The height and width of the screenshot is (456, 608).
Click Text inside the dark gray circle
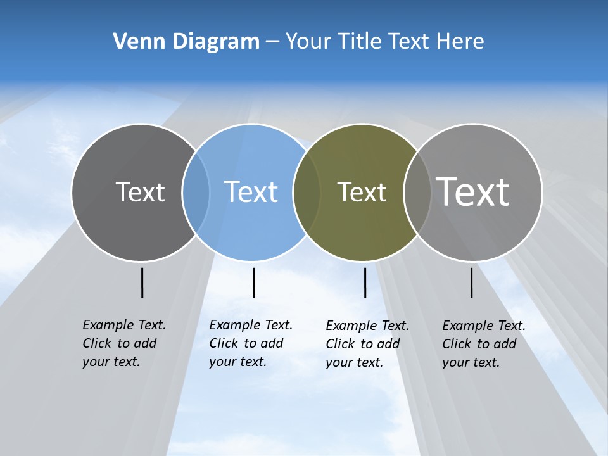[140, 192]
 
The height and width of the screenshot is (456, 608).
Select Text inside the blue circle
[251, 192]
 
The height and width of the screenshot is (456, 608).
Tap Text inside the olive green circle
[362, 192]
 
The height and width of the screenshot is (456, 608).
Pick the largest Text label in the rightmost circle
[473, 191]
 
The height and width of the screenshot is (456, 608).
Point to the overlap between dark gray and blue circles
[196, 193]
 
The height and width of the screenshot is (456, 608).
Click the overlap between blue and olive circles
[307, 193]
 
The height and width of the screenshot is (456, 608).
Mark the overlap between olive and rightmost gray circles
[417, 193]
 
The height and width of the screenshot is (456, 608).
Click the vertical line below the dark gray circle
[142, 282]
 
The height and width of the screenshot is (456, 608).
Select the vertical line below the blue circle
[253, 282]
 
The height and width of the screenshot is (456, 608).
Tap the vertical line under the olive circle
[365, 282]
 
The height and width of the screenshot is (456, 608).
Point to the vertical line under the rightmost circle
[471, 282]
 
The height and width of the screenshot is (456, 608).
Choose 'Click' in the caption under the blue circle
[224, 343]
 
